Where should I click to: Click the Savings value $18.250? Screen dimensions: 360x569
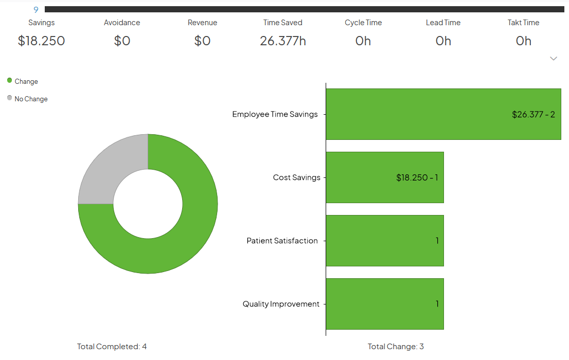pos(41,41)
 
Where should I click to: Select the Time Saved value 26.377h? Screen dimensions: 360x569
pos(282,41)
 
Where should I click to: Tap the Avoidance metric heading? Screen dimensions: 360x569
pos(122,23)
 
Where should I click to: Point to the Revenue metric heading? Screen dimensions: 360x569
pos(202,23)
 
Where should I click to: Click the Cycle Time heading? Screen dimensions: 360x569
pos(363,23)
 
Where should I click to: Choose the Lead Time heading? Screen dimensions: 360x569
pos(443,23)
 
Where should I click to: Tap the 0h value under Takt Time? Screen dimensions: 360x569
pos(523,41)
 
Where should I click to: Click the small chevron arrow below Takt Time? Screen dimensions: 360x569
pos(554,59)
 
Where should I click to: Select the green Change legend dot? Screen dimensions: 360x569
pos(10,80)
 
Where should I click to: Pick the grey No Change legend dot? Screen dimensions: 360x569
pos(10,98)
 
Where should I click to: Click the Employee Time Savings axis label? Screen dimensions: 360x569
pos(275,114)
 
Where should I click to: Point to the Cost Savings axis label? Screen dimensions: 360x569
pos(296,177)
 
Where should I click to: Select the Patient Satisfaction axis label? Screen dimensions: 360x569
pos(282,241)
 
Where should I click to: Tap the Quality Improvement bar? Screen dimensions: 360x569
pos(384,304)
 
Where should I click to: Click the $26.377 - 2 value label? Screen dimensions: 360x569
pos(533,114)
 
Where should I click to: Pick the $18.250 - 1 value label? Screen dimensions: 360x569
pos(417,177)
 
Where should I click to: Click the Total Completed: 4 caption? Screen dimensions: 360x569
pos(112,347)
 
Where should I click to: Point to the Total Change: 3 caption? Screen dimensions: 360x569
pos(396,347)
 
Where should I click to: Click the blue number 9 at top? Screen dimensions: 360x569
pos(35,10)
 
